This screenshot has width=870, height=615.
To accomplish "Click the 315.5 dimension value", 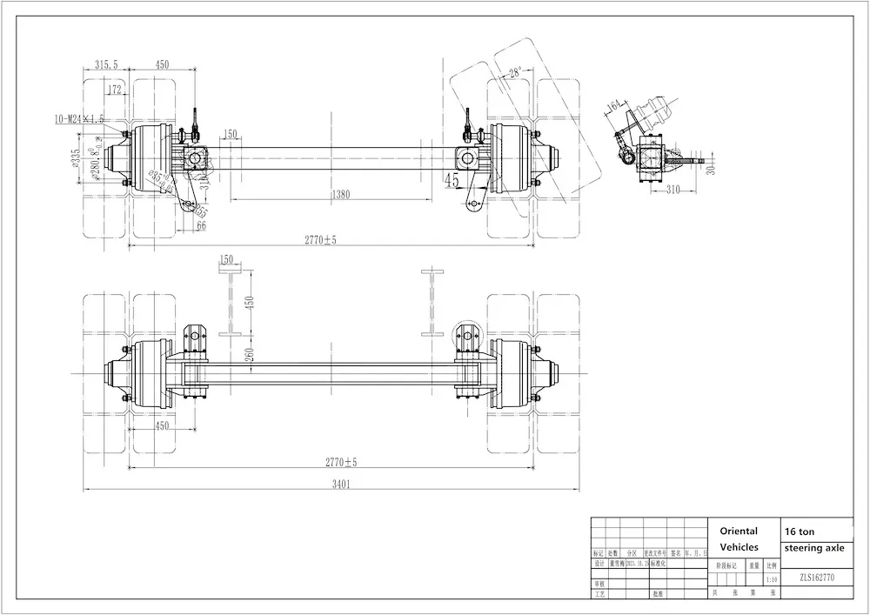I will [106, 65].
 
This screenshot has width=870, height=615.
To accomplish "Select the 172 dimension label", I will [115, 90].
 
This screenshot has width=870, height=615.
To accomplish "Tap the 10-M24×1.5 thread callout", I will [79, 118].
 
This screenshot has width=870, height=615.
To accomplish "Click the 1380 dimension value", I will [341, 195].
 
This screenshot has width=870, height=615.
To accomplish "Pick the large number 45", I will [452, 181].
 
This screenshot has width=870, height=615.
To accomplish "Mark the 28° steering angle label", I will [515, 74].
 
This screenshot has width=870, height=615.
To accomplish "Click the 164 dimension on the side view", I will [614, 107].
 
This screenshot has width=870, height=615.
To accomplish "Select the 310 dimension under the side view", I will [673, 190].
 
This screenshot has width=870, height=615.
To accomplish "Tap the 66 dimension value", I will [202, 226].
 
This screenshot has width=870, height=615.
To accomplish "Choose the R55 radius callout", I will [201, 211].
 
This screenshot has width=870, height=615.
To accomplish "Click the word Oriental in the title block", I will [739, 531].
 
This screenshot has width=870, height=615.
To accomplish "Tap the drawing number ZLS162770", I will [817, 577].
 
